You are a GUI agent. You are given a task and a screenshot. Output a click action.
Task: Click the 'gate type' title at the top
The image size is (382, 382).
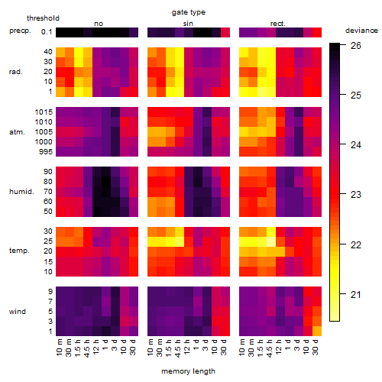coord(189,12)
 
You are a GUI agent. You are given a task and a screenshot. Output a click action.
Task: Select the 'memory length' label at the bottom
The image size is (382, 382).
coord(188,371)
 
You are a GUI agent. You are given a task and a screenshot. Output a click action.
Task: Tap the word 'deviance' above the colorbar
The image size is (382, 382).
coord(361,31)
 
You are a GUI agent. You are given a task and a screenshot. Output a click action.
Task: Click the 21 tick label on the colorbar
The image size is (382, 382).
coord(355,295)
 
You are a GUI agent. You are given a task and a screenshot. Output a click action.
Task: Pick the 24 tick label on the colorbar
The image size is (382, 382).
coord(356,145)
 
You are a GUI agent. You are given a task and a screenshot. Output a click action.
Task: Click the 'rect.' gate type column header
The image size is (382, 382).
coord(277,24)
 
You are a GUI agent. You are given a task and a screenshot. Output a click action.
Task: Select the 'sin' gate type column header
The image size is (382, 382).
coord(188,24)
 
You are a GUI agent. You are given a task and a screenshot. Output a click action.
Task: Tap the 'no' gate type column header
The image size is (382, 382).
coord(99,24)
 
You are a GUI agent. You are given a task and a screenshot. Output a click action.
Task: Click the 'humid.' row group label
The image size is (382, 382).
coord(21,192)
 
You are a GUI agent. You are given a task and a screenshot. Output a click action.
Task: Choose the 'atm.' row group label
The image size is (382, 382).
coord(17,132)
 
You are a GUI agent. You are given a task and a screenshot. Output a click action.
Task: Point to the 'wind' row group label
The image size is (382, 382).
coord(18,312)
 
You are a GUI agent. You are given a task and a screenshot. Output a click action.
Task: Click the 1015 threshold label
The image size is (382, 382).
coord(44,112)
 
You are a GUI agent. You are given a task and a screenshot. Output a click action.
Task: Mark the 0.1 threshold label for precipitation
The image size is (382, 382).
coord(47,32)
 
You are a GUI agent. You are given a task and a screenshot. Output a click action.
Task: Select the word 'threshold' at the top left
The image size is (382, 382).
coord(43,18)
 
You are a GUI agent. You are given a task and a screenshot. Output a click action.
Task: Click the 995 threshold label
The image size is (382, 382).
coord(46,152)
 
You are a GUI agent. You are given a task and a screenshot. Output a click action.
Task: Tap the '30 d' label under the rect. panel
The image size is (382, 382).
coord(316,347)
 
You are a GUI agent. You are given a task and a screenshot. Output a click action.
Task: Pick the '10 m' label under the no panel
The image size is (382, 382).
coord(59,347)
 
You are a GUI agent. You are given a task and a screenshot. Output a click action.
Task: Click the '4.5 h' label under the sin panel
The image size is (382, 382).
coord(178,348)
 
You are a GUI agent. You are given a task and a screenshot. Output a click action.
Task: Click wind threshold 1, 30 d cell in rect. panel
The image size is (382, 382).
coord(317,332)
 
